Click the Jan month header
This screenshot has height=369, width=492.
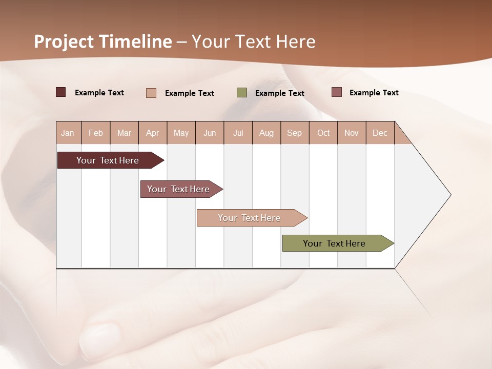point(68,133)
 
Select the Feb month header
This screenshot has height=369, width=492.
point(96,133)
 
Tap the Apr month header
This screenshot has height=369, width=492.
point(152,133)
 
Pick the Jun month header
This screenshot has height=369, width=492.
point(210,133)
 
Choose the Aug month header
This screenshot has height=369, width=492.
point(266,133)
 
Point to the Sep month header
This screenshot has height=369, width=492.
point(294,133)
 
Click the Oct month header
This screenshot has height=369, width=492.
point(323,133)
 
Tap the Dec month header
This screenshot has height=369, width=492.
point(380,133)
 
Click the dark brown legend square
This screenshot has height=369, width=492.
point(60,92)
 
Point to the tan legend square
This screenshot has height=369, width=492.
point(151,93)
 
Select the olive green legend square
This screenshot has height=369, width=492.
point(242,93)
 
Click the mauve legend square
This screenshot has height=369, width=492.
point(336,92)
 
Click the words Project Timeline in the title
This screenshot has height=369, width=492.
point(102,42)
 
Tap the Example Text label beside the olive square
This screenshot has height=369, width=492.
point(279,93)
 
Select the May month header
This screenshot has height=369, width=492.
point(181,133)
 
